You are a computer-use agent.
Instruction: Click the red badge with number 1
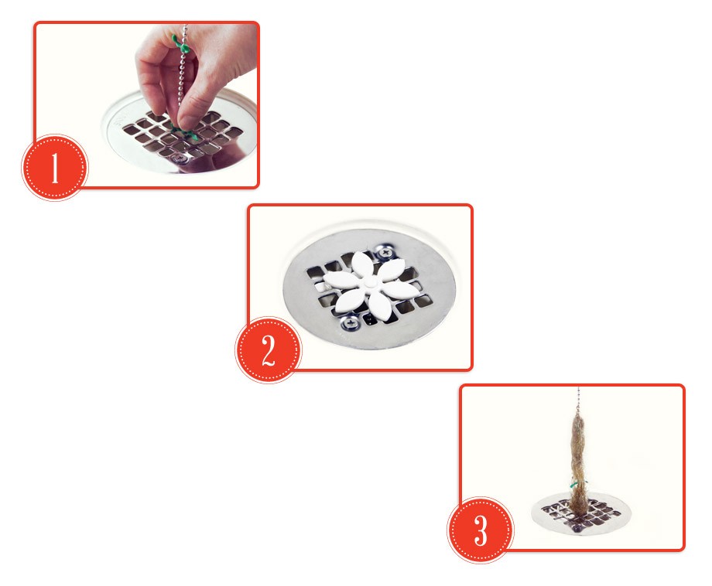(x=55, y=167)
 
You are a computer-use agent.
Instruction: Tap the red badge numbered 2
(x=269, y=350)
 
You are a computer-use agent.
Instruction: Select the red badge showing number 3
(x=481, y=530)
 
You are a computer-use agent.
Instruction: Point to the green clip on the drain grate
(x=186, y=133)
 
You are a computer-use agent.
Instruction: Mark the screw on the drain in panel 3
(x=577, y=528)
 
